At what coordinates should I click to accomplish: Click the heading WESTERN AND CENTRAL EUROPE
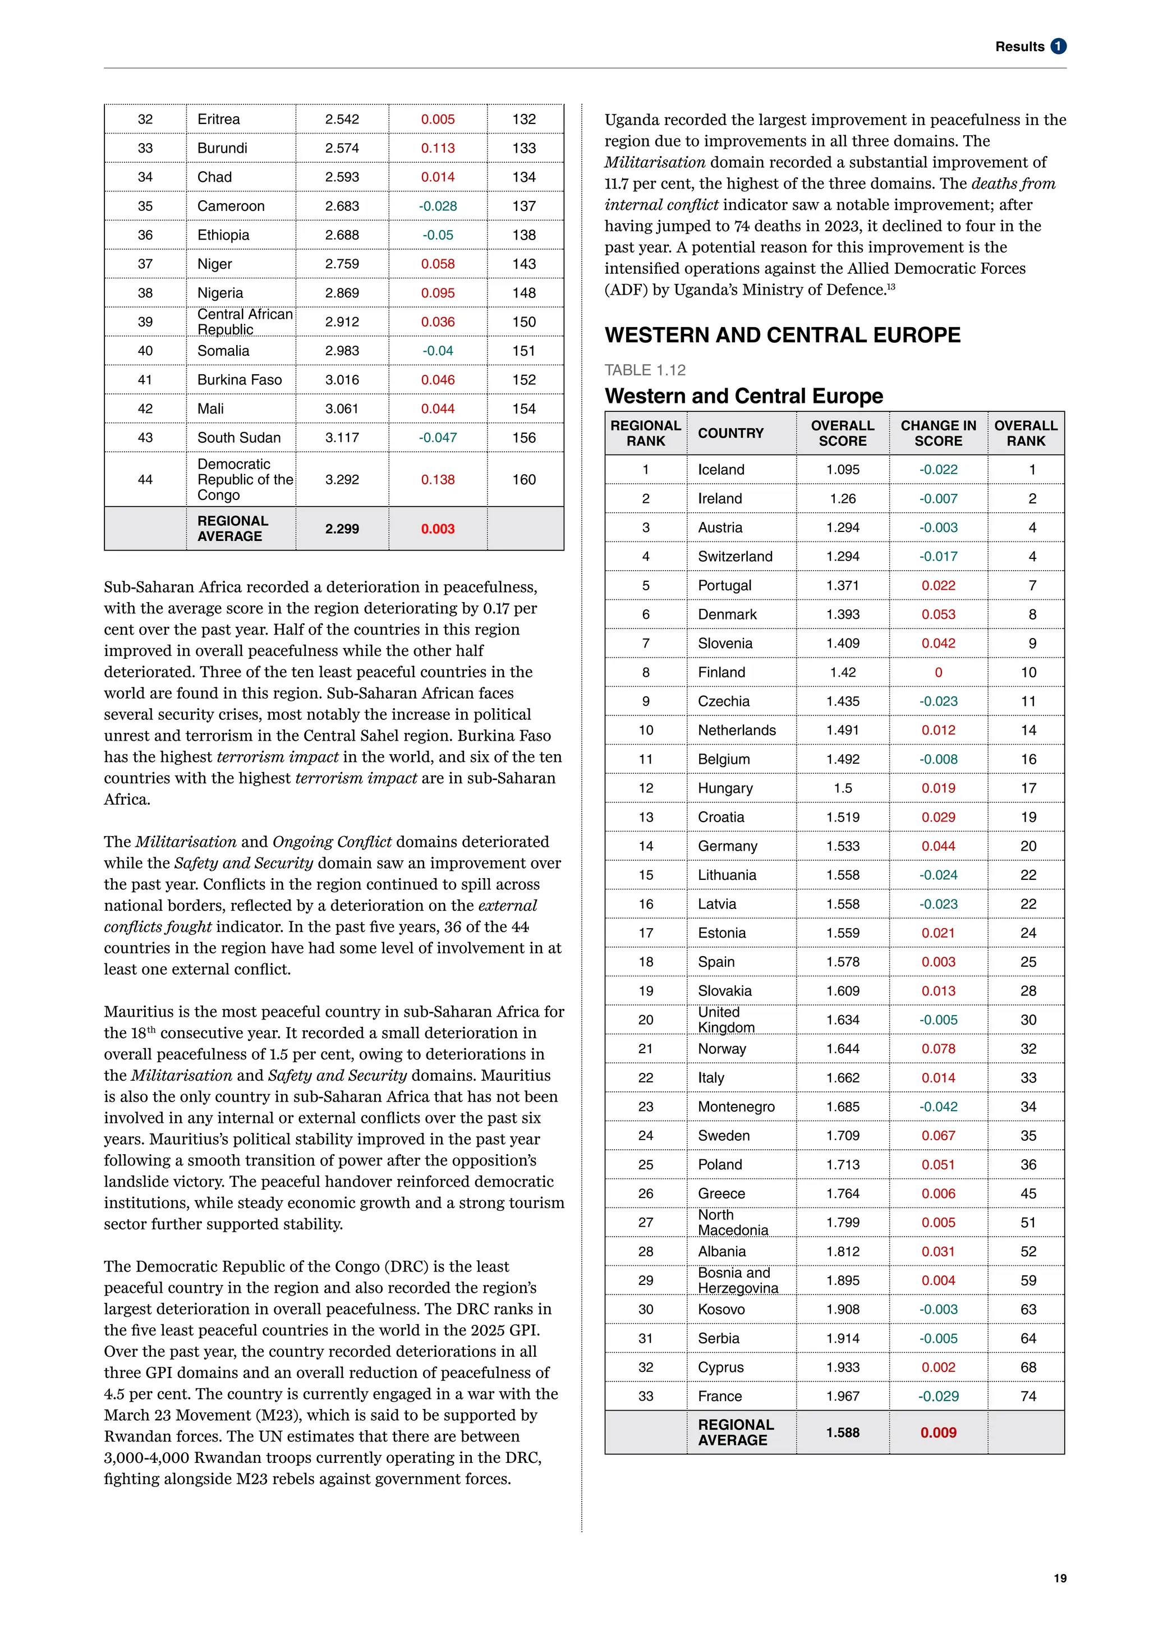(x=782, y=335)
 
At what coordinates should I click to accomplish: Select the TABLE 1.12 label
(x=645, y=370)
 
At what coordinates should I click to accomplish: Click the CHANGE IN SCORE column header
(x=937, y=433)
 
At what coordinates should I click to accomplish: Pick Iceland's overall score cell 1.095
(x=842, y=469)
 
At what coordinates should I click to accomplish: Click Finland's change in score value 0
(x=938, y=672)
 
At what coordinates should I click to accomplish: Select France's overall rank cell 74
(x=1027, y=1397)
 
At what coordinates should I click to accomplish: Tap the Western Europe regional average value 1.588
(x=842, y=1433)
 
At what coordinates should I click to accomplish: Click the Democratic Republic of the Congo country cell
(x=244, y=480)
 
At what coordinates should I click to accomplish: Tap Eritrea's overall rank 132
(x=523, y=120)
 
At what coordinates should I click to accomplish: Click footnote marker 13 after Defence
(x=891, y=287)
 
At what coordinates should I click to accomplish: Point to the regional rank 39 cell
(x=145, y=322)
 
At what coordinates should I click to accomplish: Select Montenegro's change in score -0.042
(x=937, y=1107)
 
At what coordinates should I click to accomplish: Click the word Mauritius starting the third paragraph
(x=136, y=1012)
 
